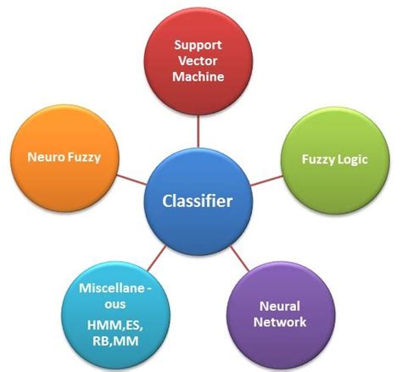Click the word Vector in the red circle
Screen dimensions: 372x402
pyautogui.click(x=199, y=59)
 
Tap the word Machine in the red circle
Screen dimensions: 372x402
pyautogui.click(x=199, y=76)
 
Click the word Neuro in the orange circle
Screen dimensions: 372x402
pyautogui.click(x=47, y=158)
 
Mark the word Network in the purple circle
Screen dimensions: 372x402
pyautogui.click(x=282, y=321)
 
